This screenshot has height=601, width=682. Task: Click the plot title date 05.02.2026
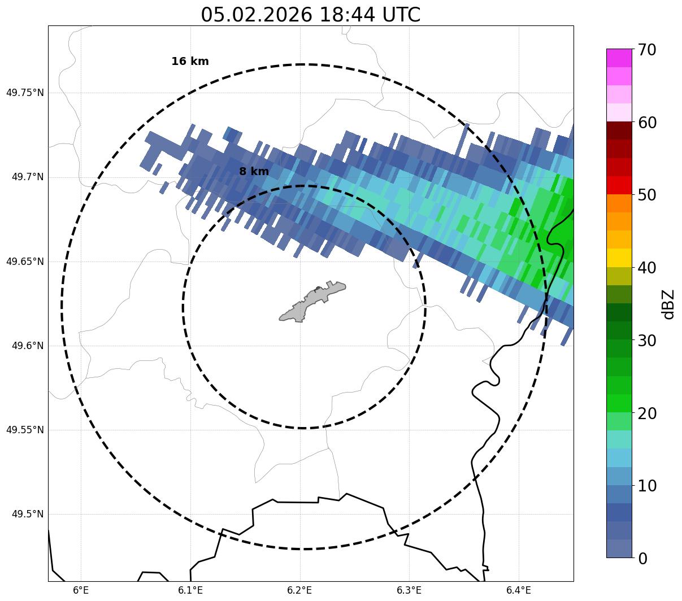(x=255, y=15)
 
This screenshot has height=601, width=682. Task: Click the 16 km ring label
(x=190, y=62)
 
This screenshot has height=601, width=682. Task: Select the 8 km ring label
(x=254, y=172)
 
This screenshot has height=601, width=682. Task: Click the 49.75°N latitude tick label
(x=25, y=93)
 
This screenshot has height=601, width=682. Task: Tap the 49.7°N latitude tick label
(x=28, y=177)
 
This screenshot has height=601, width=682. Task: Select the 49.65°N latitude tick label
(x=25, y=262)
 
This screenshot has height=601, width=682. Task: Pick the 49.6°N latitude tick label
(x=28, y=346)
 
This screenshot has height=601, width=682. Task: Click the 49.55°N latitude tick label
(x=25, y=430)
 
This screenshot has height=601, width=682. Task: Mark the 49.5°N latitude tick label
(x=28, y=514)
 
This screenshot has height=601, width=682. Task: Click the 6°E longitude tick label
(x=81, y=590)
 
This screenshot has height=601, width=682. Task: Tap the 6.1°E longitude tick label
(x=190, y=590)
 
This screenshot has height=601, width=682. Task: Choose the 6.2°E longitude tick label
(x=300, y=590)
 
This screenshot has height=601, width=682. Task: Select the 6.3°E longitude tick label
(x=409, y=590)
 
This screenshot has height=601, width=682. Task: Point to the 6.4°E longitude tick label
(x=519, y=590)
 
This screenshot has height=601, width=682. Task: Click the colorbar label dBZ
(x=668, y=304)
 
